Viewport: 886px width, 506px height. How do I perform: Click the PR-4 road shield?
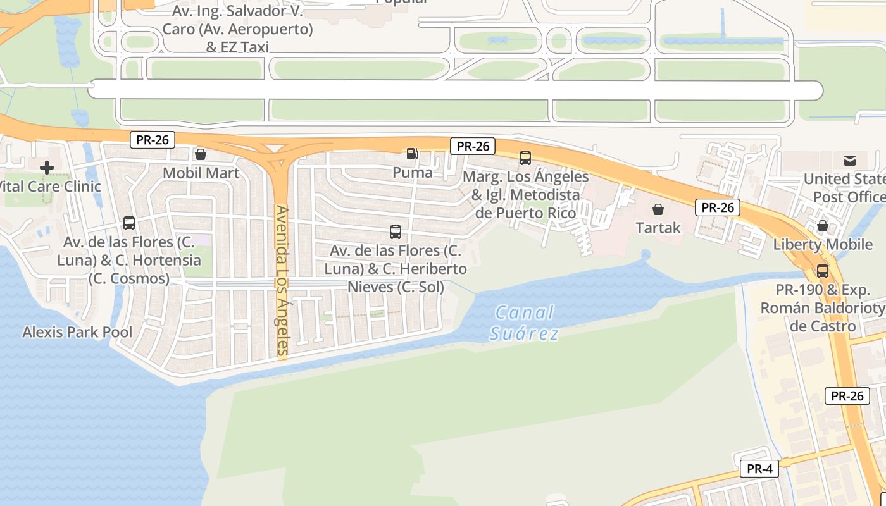click(759, 469)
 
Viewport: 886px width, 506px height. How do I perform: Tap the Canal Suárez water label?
click(525, 323)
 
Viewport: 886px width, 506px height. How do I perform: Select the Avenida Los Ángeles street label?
click(282, 281)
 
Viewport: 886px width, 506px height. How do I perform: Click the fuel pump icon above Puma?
click(412, 154)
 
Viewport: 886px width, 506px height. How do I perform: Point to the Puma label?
click(413, 172)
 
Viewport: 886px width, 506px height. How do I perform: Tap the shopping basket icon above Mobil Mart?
click(201, 154)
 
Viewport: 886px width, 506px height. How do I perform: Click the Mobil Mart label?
click(201, 173)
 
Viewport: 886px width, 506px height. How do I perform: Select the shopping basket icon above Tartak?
click(658, 209)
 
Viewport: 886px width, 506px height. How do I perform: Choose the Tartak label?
click(658, 228)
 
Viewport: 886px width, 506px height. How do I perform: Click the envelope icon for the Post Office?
click(850, 161)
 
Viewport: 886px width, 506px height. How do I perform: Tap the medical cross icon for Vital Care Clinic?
click(47, 168)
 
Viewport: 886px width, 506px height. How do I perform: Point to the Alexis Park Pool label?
click(77, 332)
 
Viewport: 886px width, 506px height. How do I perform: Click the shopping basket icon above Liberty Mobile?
click(823, 226)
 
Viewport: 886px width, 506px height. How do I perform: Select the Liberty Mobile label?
click(823, 244)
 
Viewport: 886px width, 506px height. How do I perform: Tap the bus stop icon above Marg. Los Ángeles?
click(525, 158)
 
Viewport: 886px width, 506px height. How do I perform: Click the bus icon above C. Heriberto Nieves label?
click(396, 232)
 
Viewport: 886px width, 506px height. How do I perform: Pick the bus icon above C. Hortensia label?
click(129, 223)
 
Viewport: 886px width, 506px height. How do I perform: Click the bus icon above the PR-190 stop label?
click(823, 271)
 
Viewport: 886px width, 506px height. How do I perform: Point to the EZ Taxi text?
click(237, 47)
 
